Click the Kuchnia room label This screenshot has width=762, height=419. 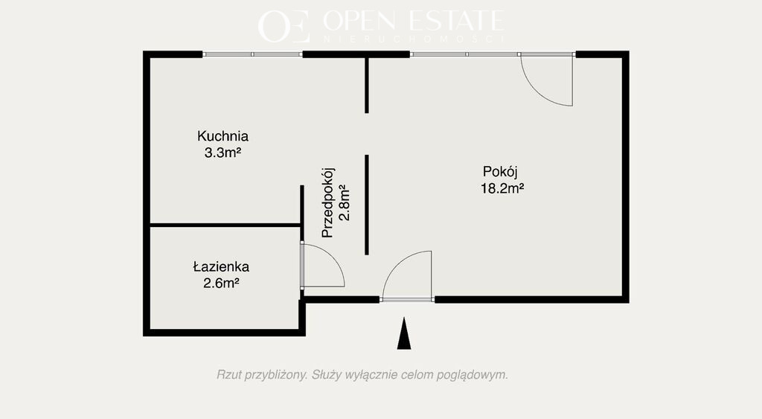point(222,135)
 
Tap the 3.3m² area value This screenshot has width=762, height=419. point(222,153)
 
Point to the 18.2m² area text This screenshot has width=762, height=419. point(502,188)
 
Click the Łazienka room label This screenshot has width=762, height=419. point(221,266)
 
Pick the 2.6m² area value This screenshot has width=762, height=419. point(221,283)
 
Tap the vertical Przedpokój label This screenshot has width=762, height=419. point(328,202)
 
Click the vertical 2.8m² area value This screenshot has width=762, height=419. point(344,202)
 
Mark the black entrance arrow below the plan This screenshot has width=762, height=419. point(404,333)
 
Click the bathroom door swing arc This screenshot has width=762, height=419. point(333,258)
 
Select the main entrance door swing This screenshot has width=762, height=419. point(400,264)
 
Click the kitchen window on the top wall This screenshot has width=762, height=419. point(252,54)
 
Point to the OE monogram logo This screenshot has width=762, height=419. point(284,26)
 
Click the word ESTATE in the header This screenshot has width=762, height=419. point(455,20)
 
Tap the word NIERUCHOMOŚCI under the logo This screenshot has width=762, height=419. point(413,39)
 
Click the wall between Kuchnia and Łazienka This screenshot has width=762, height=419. point(225,225)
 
